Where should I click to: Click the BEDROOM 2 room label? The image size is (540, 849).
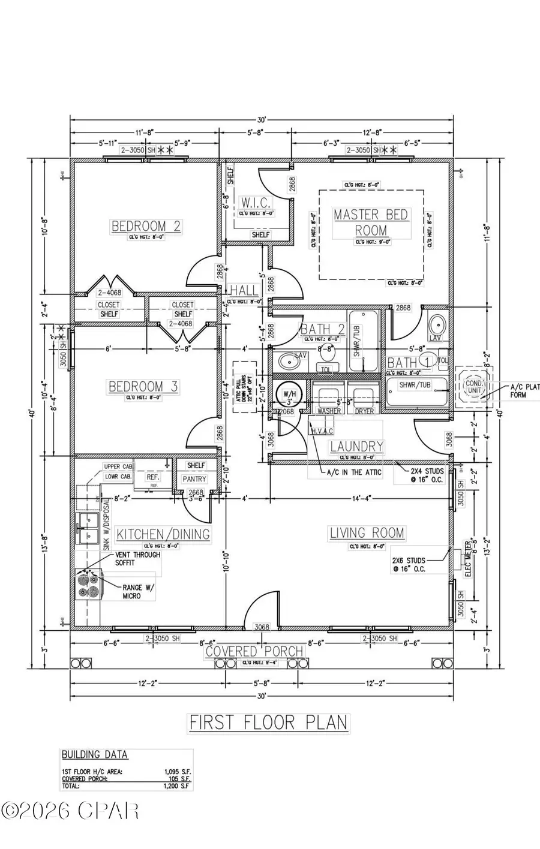tap(146, 226)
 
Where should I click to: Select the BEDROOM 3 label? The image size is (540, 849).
tap(143, 387)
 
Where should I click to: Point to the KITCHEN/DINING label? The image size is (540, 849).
tap(163, 534)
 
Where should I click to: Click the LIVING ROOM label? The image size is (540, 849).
tap(367, 533)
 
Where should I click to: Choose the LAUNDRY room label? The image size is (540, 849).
tap(356, 446)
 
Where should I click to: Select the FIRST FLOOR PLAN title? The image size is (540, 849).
tap(268, 722)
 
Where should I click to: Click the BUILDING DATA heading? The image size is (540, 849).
tap(94, 755)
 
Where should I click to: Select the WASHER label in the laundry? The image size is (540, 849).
tap(329, 411)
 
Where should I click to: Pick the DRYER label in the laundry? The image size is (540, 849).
tap(364, 411)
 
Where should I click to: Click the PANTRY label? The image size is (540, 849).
tap(194, 479)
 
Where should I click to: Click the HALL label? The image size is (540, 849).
tap(244, 291)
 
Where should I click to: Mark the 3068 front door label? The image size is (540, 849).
tap(262, 627)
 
